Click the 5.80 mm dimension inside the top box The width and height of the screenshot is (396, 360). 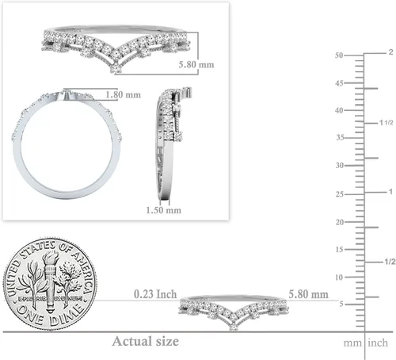196,64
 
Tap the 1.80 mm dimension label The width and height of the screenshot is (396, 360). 123,94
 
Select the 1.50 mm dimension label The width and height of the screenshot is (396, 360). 164,210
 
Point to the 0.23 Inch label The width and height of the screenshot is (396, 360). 155,294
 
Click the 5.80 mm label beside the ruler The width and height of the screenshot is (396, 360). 308,294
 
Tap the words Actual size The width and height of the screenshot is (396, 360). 146,341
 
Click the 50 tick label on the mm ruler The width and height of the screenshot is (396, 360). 339,56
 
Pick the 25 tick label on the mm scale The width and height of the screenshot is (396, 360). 340,194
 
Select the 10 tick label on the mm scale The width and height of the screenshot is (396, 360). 339,278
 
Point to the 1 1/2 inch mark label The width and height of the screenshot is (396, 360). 386,123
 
